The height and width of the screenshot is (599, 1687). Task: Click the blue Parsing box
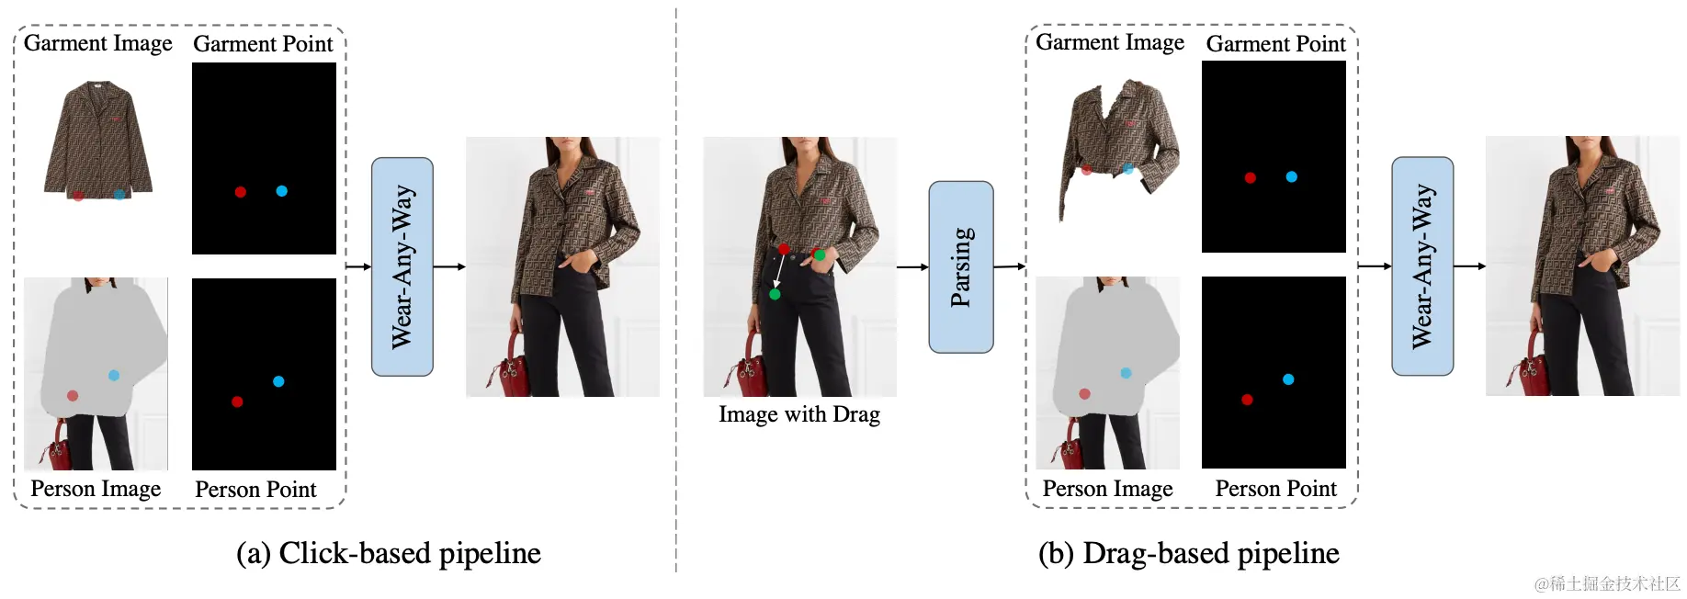coord(960,266)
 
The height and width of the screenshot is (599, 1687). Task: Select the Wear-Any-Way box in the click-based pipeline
coord(402,266)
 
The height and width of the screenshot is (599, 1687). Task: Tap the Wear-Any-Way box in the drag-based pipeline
coord(1421,266)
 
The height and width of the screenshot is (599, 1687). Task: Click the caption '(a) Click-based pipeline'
coord(388,553)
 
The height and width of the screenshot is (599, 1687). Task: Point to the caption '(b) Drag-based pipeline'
coord(1188,553)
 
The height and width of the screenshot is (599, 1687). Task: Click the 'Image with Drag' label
coord(798,414)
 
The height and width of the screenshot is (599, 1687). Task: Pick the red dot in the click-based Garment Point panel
coord(240,192)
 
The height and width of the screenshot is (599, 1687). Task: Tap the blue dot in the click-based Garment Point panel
coord(282,191)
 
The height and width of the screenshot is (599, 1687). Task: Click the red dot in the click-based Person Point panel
coord(237,401)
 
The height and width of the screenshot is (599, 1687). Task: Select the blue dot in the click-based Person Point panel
coord(278,381)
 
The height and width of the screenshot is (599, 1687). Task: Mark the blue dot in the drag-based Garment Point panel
coord(1291,176)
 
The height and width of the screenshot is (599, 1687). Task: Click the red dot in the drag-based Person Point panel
coord(1247,400)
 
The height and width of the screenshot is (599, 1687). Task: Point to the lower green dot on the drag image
coord(775,294)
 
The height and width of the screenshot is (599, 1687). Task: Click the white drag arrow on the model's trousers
coord(778,272)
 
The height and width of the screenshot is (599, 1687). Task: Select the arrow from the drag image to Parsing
coord(911,266)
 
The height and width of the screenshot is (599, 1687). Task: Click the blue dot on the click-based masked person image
coord(114,375)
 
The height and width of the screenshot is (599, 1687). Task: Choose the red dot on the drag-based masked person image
coord(1084,394)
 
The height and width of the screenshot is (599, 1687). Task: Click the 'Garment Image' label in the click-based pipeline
coord(97,43)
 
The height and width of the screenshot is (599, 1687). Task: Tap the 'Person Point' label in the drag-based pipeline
coord(1275,489)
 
